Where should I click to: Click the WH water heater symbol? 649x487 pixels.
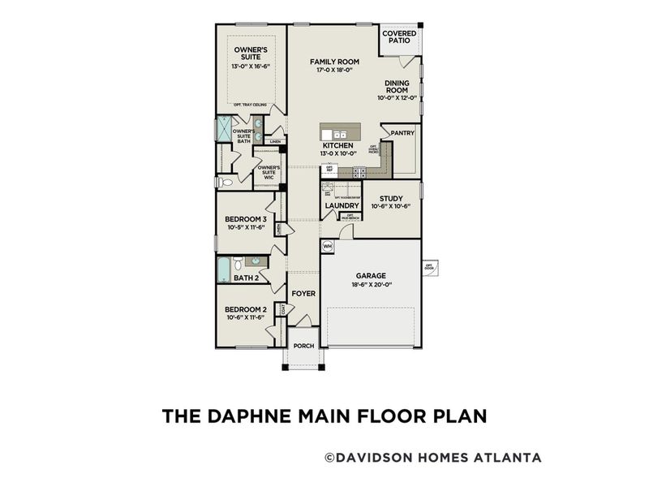tap(328, 245)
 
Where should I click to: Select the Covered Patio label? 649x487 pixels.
tap(399, 37)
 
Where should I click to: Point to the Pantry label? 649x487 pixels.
tap(402, 132)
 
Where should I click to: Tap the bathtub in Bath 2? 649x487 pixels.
tap(223, 269)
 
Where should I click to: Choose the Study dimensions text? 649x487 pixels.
tap(391, 206)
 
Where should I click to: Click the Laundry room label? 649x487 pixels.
tap(337, 206)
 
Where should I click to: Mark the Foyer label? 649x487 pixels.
tap(303, 294)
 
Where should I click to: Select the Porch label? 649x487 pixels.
tap(303, 346)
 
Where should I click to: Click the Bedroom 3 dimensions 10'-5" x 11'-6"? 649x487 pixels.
tap(246, 228)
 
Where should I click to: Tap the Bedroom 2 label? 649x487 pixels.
tap(246, 309)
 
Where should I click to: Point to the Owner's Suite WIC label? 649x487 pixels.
tap(269, 172)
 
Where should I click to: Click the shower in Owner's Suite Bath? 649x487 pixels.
tap(224, 129)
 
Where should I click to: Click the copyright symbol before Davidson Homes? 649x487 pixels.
tap(329, 458)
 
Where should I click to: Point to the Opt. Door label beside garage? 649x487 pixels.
tap(429, 266)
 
